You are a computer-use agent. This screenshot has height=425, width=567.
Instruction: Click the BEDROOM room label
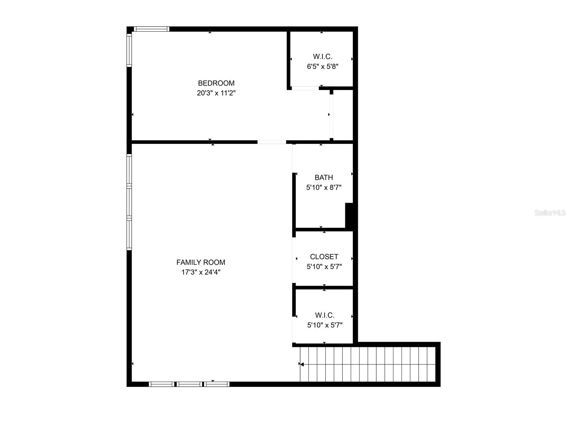click(216, 83)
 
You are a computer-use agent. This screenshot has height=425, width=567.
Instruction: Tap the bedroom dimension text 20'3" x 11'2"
click(216, 93)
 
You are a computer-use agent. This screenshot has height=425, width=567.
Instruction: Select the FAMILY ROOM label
click(201, 262)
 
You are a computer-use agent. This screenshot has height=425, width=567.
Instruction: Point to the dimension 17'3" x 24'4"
click(201, 272)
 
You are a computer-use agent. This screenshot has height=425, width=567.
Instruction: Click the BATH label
click(324, 177)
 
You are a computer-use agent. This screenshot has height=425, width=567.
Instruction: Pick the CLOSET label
click(324, 257)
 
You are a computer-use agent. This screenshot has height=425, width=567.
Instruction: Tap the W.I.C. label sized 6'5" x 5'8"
click(322, 57)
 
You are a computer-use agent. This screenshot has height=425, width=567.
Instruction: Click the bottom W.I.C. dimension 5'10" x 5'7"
click(324, 325)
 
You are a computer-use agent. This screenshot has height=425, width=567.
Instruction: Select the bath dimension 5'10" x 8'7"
click(324, 187)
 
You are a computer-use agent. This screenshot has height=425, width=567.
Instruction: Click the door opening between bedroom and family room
click(272, 142)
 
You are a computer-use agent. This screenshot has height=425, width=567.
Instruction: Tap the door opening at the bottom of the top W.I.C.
click(305, 88)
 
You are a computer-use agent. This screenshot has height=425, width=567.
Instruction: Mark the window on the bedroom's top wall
click(151, 29)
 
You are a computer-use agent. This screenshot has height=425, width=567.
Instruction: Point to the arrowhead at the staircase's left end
click(302, 364)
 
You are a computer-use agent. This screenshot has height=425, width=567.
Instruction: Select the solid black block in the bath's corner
click(349, 215)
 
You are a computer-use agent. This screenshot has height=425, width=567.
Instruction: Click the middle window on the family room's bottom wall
click(189, 384)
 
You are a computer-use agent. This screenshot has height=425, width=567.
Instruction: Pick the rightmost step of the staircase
click(432, 364)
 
